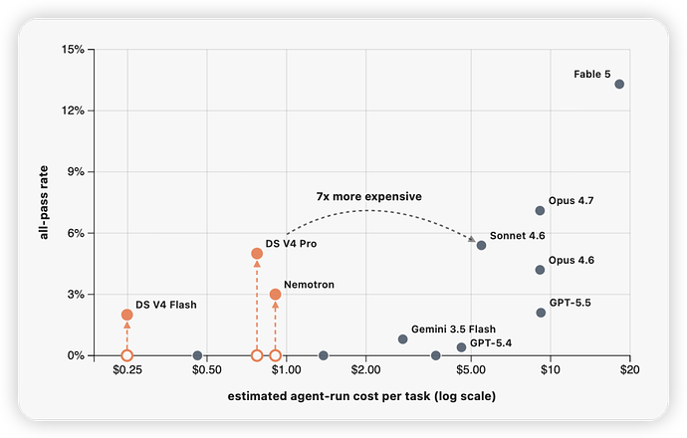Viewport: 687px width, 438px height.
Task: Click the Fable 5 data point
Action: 619,84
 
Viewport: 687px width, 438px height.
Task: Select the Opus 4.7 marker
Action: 540,211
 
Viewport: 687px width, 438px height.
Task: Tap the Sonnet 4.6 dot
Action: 481,245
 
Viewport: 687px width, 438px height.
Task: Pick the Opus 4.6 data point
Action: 540,270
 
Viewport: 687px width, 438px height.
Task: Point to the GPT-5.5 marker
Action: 541,313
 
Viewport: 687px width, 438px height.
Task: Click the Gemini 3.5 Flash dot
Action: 402,339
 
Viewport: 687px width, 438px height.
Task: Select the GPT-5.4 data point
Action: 461,347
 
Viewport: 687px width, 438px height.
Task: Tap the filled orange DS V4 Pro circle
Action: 257,254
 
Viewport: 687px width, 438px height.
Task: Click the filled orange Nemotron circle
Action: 275,295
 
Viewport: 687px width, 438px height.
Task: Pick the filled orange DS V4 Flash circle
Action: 127,315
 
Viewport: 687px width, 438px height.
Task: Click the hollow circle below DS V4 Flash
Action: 127,355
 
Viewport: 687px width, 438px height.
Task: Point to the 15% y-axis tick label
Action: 73,50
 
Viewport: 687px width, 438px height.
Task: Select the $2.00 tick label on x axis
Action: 365,370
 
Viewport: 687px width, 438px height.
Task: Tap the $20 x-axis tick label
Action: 629,370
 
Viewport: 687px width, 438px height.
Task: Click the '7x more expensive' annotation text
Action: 369,197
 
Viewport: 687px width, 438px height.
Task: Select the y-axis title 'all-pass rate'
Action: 44,202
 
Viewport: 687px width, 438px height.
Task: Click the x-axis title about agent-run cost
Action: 361,396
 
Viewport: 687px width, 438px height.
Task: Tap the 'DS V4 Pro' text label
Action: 291,244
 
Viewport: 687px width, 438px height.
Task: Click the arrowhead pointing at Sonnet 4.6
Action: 472,239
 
